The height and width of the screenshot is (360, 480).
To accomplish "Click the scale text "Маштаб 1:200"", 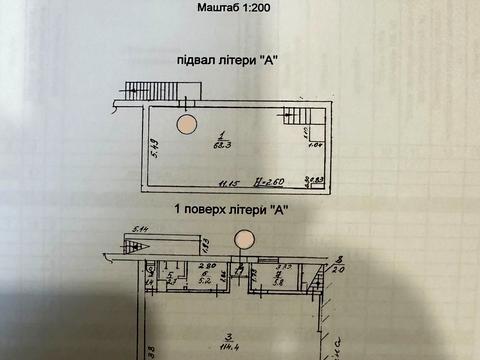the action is (x=240, y=10).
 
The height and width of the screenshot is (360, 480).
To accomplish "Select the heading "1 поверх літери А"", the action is (x=232, y=210).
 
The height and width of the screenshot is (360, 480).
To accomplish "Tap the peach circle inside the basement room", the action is (x=187, y=124).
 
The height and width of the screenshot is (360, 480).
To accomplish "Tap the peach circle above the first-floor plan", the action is (x=243, y=240).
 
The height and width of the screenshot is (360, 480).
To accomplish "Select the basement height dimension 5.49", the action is (x=143, y=147).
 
